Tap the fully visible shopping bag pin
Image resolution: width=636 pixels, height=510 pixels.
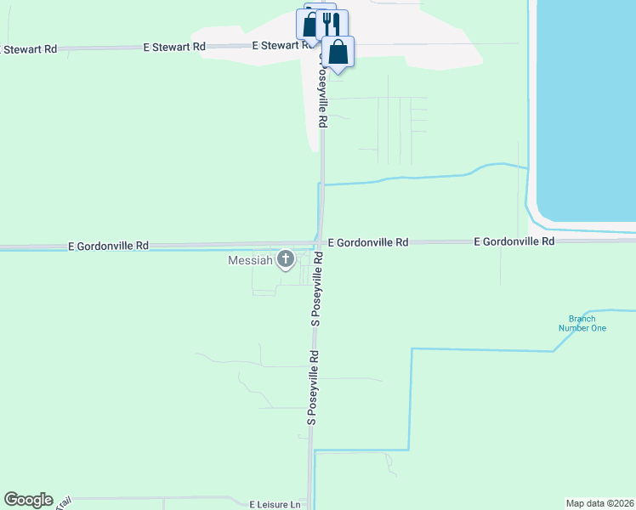point(338,52)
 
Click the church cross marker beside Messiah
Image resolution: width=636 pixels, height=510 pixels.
point(286,258)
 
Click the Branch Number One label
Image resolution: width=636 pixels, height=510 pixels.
point(582,323)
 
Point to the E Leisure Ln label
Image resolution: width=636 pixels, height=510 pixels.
point(275,504)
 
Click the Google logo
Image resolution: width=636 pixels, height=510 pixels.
point(28,500)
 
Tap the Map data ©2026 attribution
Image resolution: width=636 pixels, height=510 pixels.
point(599,502)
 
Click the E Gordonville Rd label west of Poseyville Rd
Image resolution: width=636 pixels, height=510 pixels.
point(108,246)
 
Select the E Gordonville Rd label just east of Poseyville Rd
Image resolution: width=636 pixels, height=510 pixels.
point(367,242)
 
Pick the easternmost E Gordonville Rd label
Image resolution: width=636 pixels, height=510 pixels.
point(514,241)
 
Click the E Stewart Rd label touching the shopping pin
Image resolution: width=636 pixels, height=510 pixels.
point(285,45)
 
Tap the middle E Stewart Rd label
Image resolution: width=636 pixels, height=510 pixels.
point(174,47)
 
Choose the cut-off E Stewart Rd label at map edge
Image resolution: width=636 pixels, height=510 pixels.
point(28,49)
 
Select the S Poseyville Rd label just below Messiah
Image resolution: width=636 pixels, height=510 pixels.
point(315,289)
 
